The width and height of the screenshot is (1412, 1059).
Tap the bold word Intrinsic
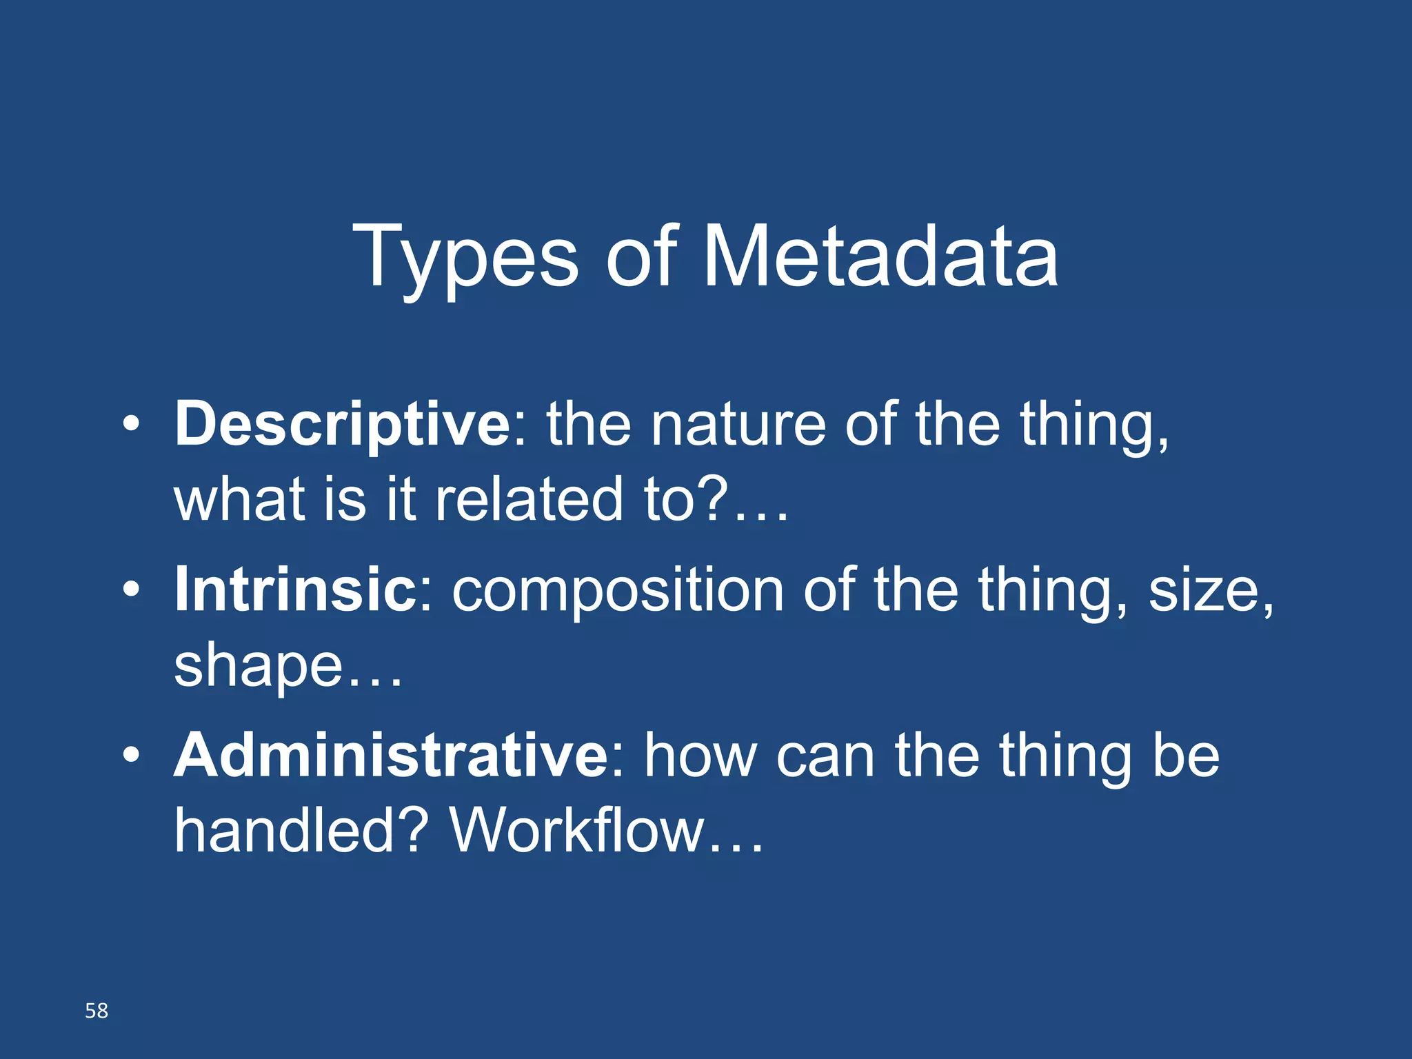point(296,590)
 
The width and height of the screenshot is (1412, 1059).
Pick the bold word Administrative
point(391,756)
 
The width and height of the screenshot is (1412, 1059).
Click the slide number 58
point(97,1011)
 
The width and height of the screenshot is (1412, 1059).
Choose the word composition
point(618,592)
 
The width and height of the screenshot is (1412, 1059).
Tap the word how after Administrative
point(700,756)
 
